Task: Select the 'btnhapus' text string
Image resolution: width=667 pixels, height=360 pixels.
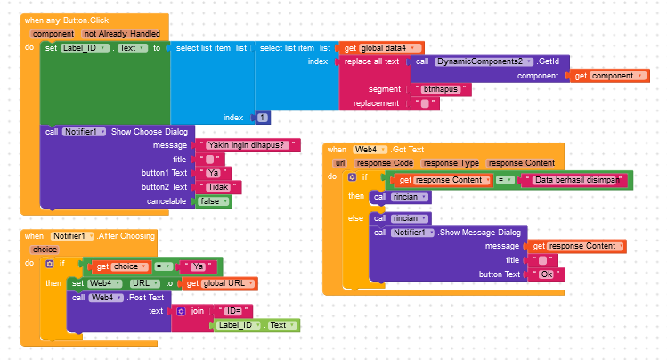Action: (442, 89)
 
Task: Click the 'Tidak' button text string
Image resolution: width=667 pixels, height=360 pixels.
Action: (218, 187)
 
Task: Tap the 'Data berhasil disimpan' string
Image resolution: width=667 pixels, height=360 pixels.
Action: (574, 180)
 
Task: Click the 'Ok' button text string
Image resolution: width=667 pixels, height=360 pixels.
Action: (545, 274)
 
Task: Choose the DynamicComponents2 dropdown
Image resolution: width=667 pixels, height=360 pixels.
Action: (484, 61)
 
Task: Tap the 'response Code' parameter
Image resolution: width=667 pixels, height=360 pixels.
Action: (384, 163)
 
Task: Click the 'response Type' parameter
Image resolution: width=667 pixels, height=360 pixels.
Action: (451, 163)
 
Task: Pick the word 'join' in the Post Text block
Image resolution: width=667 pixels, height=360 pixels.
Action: (197, 311)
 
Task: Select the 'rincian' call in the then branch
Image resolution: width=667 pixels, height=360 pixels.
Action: (405, 196)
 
